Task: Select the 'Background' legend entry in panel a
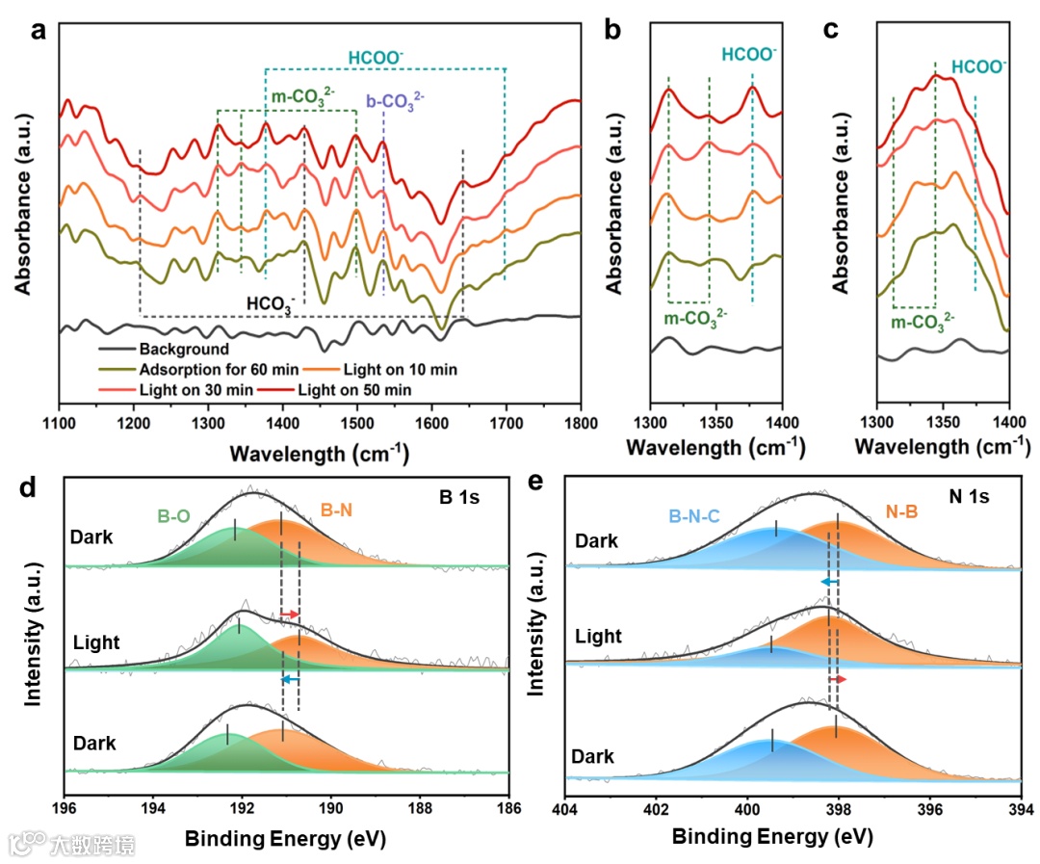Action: click(x=183, y=350)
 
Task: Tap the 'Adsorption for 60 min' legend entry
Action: click(x=205, y=370)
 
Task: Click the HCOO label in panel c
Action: click(x=978, y=67)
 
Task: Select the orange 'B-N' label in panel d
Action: click(x=336, y=511)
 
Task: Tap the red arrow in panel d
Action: click(x=290, y=614)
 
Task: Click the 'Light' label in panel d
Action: click(x=96, y=642)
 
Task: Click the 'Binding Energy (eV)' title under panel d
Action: click(x=285, y=839)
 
